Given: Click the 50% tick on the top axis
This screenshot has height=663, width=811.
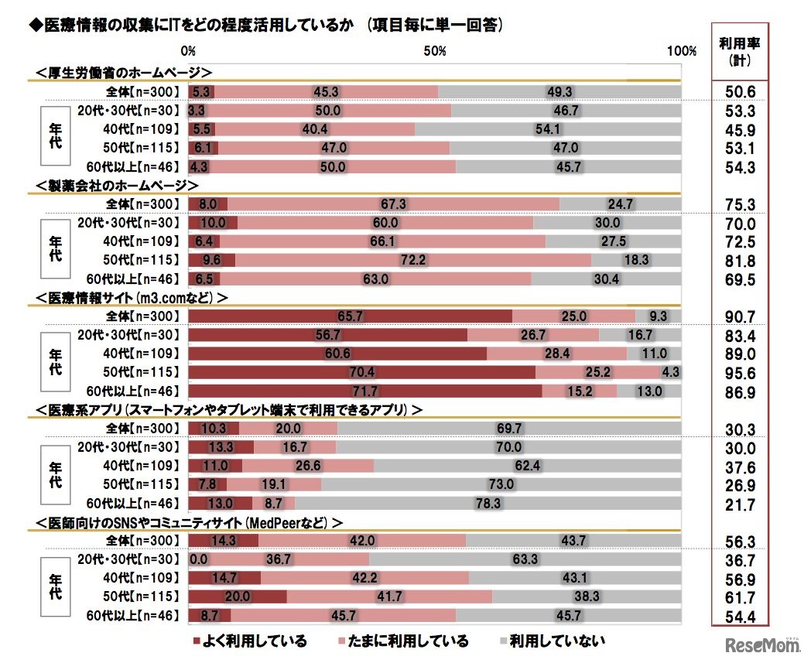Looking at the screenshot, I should pyautogui.click(x=435, y=51).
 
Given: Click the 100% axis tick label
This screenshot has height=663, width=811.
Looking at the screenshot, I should pyautogui.click(x=681, y=51).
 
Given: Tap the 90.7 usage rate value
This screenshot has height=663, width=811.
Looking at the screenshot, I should pyautogui.click(x=738, y=317).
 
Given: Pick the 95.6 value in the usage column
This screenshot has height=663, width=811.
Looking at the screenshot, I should pyautogui.click(x=738, y=374).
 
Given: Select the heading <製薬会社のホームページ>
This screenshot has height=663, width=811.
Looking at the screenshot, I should pyautogui.click(x=118, y=186).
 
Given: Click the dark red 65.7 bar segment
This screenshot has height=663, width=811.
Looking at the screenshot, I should pyautogui.click(x=350, y=316).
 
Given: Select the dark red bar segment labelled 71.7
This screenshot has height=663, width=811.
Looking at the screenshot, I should pyautogui.click(x=364, y=391).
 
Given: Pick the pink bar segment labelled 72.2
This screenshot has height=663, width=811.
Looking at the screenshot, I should pyautogui.click(x=413, y=261).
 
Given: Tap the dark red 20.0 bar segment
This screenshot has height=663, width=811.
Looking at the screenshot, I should pyautogui.click(x=237, y=596).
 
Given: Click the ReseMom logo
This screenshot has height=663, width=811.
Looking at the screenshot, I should pyautogui.click(x=761, y=644).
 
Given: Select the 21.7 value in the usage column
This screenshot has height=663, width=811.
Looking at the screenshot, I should pyautogui.click(x=738, y=504).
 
